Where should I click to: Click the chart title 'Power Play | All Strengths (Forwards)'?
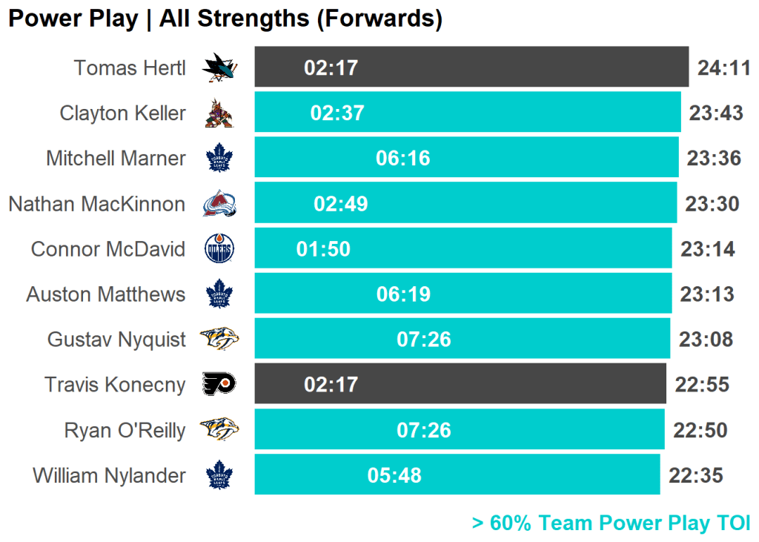click(x=225, y=19)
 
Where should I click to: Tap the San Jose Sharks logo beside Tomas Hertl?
click(x=219, y=68)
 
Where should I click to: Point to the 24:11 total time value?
click(x=724, y=68)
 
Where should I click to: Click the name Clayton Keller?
click(x=122, y=113)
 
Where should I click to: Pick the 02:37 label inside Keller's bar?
click(x=337, y=113)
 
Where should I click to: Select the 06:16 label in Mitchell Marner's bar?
click(x=403, y=159)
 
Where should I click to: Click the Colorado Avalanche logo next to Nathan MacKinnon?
click(x=219, y=204)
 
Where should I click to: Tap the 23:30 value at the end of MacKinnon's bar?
click(x=712, y=204)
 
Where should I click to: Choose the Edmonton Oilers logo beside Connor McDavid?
click(x=219, y=249)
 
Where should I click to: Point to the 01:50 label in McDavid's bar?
click(x=323, y=249)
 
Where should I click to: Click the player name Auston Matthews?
click(x=106, y=294)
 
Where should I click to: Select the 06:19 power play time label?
click(x=403, y=294)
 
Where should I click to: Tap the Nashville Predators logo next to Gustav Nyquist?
click(x=219, y=340)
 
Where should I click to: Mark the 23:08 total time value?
click(x=706, y=340)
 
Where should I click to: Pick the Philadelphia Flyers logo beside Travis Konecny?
click(x=219, y=384)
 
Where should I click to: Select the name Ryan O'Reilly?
click(x=125, y=430)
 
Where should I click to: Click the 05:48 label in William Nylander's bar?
click(x=394, y=475)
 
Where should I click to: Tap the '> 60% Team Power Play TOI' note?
click(x=611, y=523)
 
